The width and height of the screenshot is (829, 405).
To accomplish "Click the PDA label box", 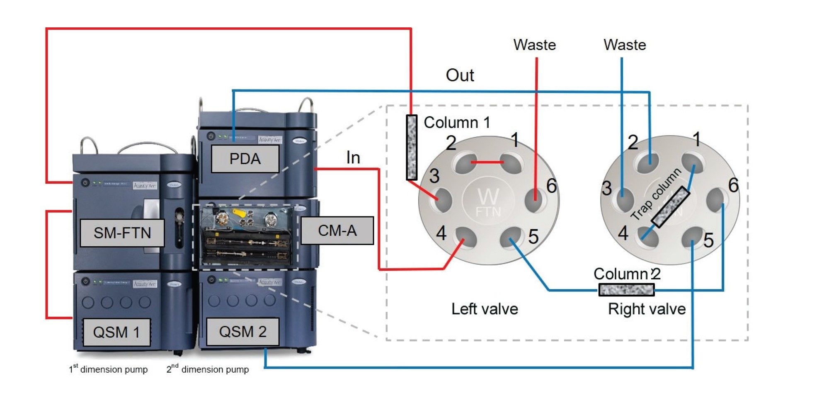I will tap(245, 159).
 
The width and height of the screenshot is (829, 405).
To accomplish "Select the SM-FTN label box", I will tap(122, 233).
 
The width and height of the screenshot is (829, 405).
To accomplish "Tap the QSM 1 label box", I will tap(116, 332).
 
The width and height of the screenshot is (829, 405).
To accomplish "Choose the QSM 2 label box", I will tap(242, 332).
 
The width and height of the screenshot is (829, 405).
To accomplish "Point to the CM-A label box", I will tap(337, 230).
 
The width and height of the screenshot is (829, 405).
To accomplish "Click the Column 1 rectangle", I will tap(412, 147).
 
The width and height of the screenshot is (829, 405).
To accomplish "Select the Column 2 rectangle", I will tap(626, 289).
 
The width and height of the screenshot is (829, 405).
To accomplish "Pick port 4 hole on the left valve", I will tap(465, 237).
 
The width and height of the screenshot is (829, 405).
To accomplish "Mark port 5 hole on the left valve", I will tap(511, 237).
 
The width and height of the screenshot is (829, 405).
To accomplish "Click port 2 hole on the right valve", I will tap(648, 162).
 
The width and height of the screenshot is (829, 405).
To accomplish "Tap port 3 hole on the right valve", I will tap(624, 199).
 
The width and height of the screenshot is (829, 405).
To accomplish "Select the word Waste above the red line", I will tap(535, 45).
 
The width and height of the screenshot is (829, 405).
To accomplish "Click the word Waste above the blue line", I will tap(625, 45).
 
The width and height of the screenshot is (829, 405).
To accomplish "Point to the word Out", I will tap(460, 75).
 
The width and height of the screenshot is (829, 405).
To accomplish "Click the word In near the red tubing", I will tap(353, 158).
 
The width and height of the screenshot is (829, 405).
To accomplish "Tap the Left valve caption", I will tap(485, 309).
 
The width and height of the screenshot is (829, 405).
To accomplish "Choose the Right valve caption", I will tap(647, 309).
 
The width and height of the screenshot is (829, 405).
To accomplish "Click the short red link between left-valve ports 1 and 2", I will tap(487, 162).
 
